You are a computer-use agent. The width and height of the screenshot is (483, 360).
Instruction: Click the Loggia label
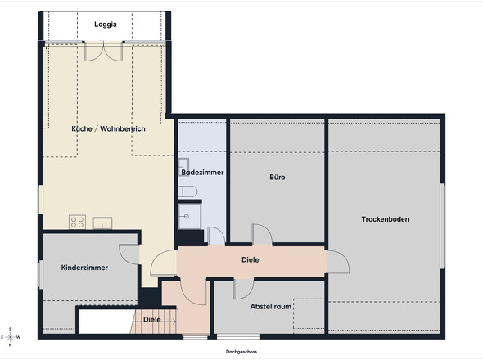click(x=106, y=25)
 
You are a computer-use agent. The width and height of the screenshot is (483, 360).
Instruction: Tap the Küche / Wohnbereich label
click(x=108, y=128)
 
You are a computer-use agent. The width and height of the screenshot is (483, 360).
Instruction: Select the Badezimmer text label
click(x=202, y=173)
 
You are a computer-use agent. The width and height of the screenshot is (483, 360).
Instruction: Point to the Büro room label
click(x=278, y=177)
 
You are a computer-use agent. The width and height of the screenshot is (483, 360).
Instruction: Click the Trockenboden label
click(x=386, y=219)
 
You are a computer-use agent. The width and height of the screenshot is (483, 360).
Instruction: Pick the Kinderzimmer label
click(x=84, y=268)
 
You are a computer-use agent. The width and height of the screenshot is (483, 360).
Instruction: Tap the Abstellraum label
click(x=271, y=307)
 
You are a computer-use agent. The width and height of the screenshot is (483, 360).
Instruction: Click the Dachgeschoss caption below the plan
click(x=241, y=352)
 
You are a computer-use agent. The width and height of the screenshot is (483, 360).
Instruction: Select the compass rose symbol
click(x=10, y=337)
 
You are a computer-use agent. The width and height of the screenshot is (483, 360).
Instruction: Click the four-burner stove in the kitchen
click(x=77, y=222)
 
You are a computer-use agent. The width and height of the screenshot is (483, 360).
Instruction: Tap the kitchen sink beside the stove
click(x=102, y=223)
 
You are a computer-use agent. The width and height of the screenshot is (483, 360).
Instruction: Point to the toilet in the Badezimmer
click(x=187, y=191)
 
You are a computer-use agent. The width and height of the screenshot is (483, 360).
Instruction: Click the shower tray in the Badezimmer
click(x=189, y=216)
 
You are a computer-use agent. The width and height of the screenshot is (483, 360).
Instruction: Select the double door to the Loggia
click(x=104, y=52)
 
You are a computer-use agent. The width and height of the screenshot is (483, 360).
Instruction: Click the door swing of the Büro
click(x=263, y=234)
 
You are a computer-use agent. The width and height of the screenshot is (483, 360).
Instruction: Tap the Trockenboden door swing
click(x=337, y=262)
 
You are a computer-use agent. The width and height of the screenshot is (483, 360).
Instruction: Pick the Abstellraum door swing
click(x=244, y=289)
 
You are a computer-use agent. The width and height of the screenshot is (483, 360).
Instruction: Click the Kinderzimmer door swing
click(x=129, y=254)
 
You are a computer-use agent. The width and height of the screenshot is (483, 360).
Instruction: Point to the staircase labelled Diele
click(x=153, y=322)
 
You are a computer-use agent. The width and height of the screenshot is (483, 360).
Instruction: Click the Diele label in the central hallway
click(x=251, y=259)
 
